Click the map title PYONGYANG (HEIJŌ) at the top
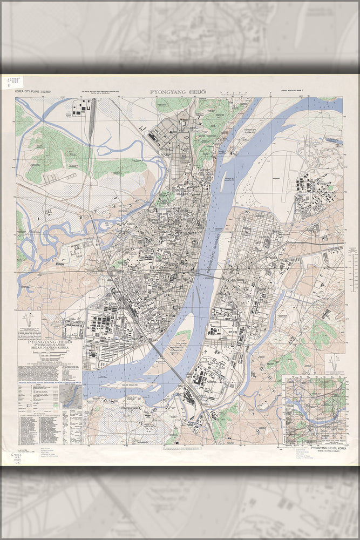[180, 92]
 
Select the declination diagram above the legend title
[29, 324]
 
